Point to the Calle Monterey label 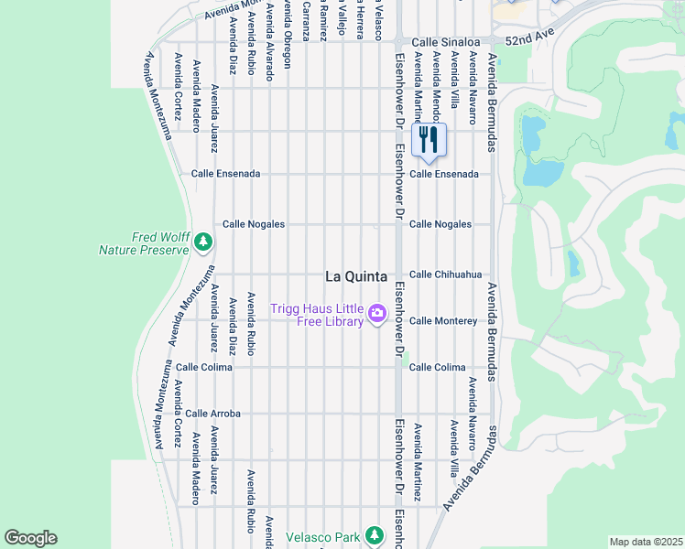(443, 321)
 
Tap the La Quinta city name (356, 276)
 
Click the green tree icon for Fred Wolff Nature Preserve (203, 242)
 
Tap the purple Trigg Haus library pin (376, 316)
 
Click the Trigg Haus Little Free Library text (317, 316)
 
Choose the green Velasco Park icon (373, 535)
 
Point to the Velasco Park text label (322, 537)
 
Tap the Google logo (30, 538)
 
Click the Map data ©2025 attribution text (645, 542)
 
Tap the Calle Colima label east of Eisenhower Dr (437, 368)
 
